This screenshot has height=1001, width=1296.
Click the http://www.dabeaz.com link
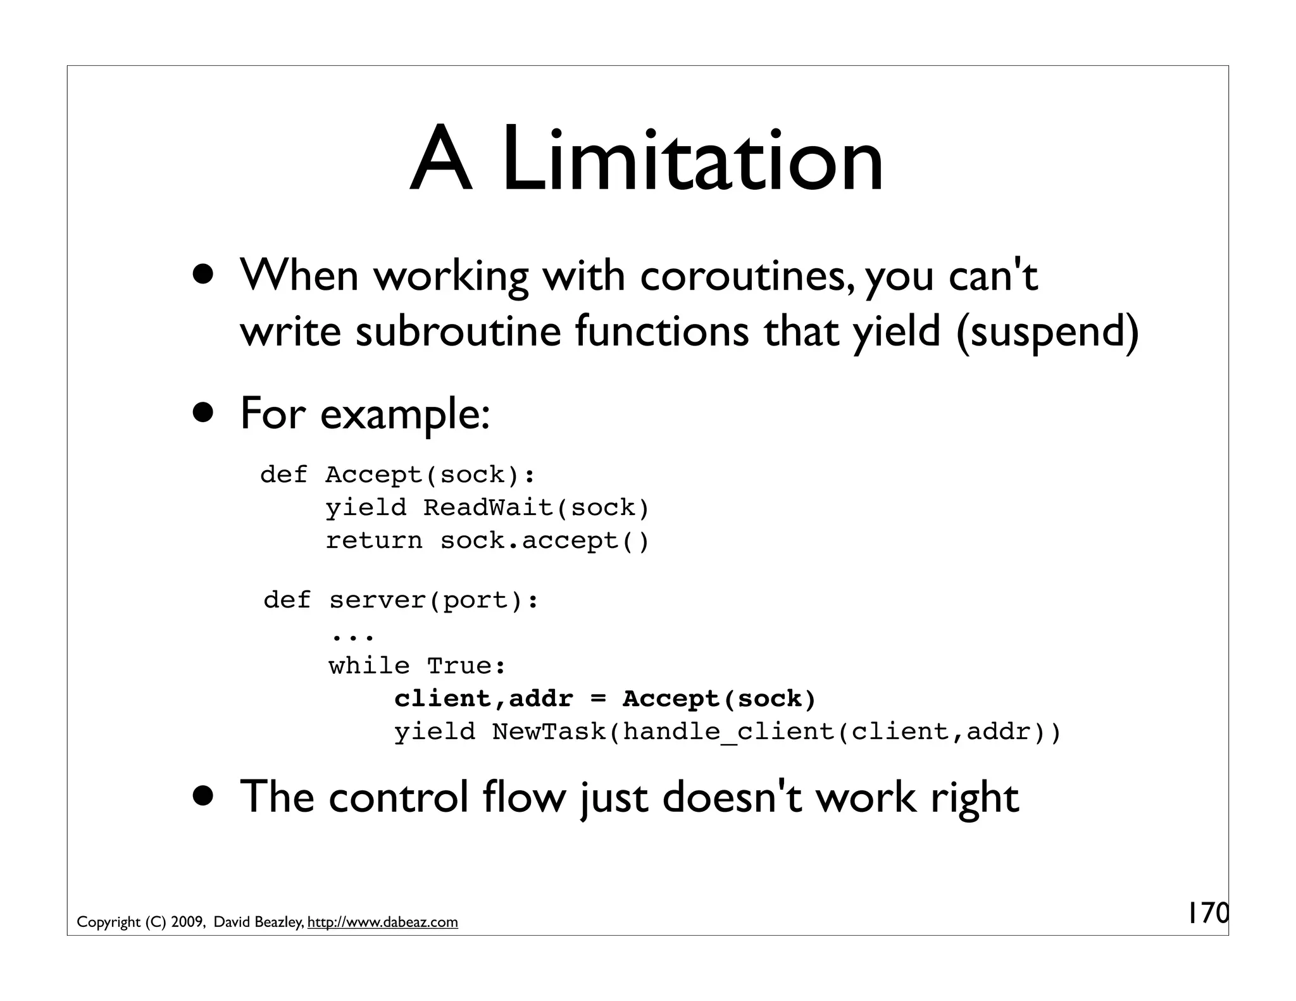click(x=382, y=922)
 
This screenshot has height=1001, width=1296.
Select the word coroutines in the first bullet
click(x=744, y=277)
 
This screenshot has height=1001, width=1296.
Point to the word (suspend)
click(x=1047, y=331)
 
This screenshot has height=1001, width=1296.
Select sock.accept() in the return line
click(x=545, y=540)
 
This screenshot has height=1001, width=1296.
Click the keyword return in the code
click(x=373, y=540)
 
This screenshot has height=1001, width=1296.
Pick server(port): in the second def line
click(x=433, y=600)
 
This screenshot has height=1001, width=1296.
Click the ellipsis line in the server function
click(x=351, y=635)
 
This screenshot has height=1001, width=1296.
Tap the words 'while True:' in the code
click(x=417, y=666)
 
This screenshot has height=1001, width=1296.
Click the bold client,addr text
click(x=483, y=699)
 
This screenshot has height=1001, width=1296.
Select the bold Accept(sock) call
click(x=720, y=699)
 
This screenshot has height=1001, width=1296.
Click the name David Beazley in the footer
click(x=258, y=922)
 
